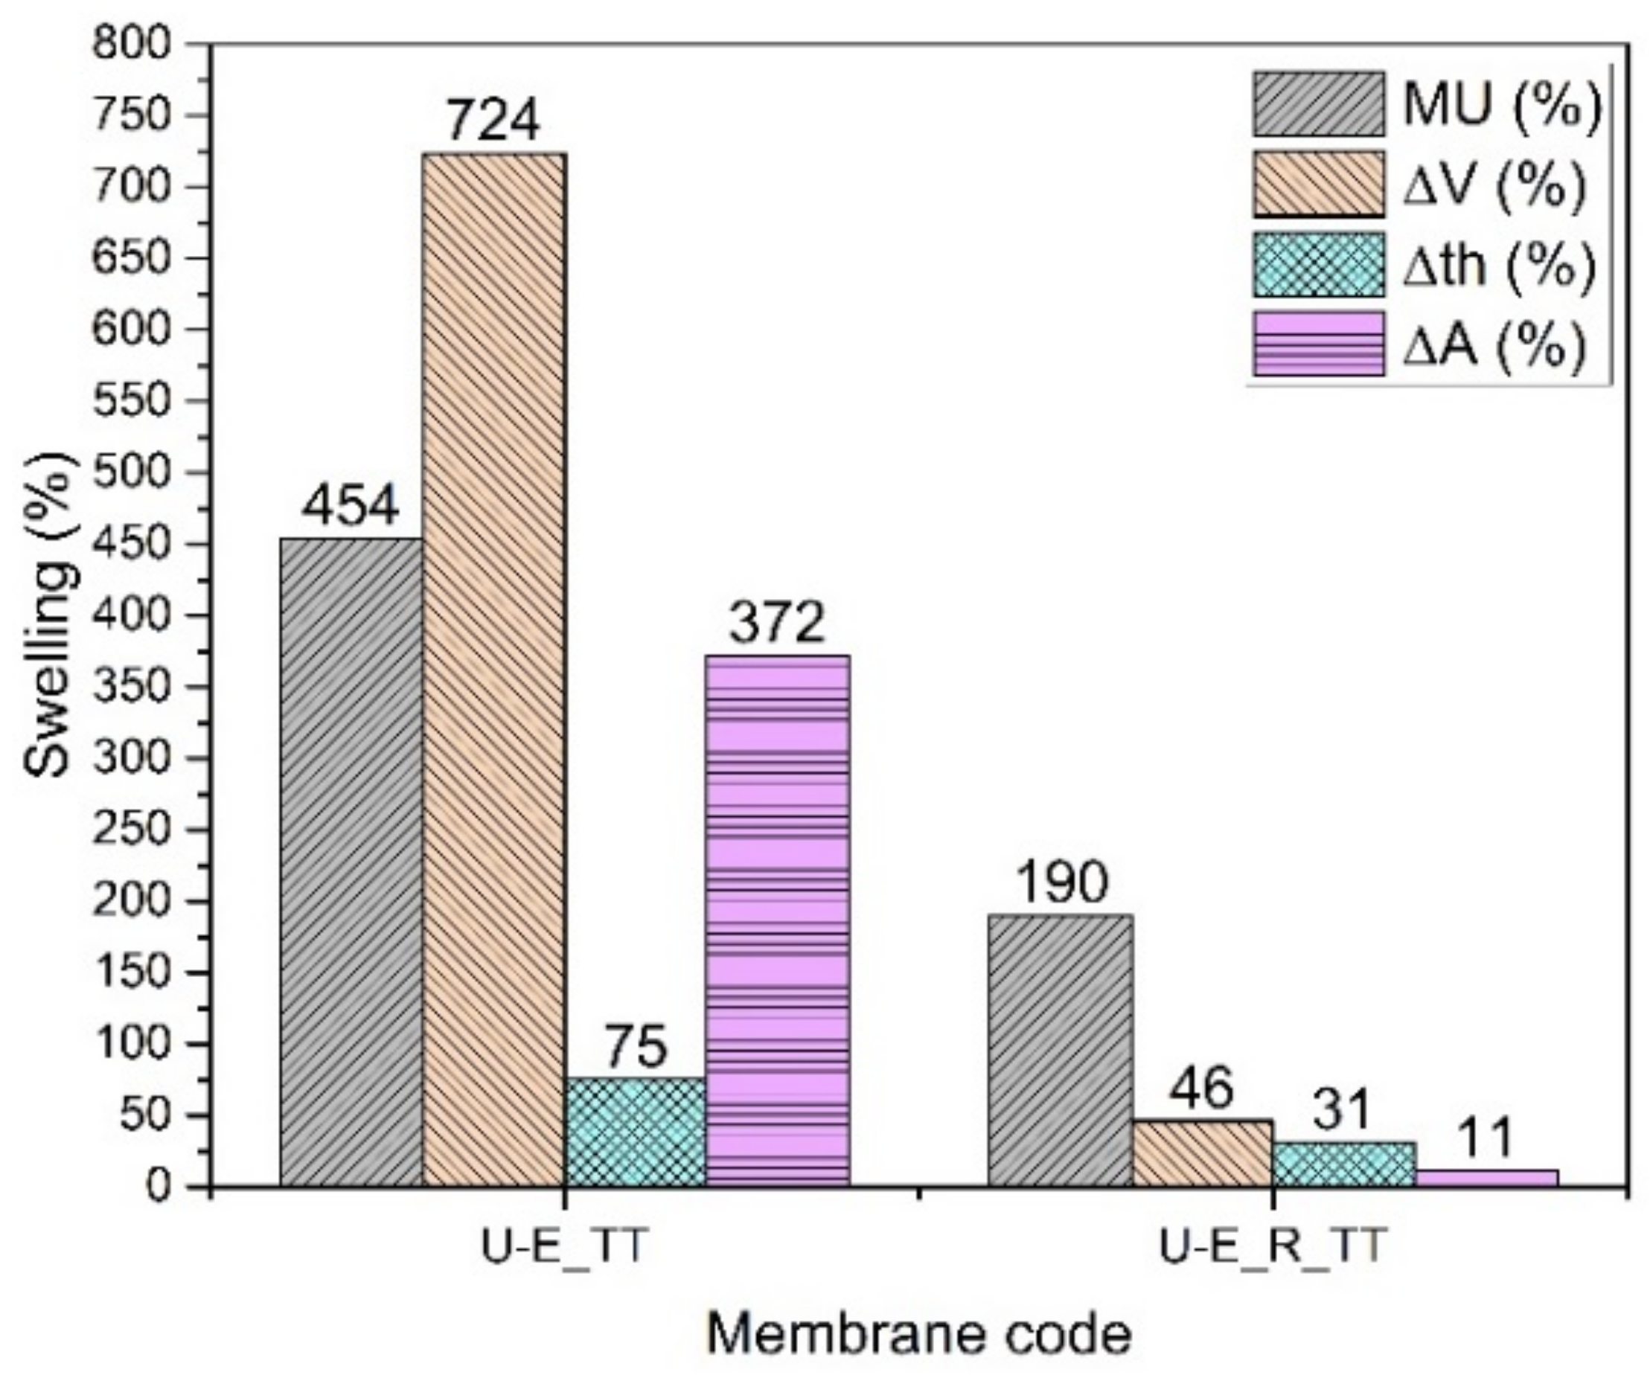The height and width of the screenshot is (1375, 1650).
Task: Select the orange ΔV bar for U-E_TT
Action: [x=493, y=668]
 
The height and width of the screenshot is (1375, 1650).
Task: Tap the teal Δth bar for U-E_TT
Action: [x=635, y=1131]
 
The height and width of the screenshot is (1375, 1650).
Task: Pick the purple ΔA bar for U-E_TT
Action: [x=777, y=920]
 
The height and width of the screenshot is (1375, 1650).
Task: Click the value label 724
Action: [x=493, y=121]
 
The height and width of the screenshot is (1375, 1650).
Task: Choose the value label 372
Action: [x=777, y=622]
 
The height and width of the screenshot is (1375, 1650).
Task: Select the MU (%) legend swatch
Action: [x=1318, y=103]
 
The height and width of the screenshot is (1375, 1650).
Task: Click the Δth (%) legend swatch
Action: [x=1318, y=265]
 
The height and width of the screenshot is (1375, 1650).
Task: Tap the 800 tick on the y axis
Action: [x=142, y=45]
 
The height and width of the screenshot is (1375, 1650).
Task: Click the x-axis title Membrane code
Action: [x=919, y=1333]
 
